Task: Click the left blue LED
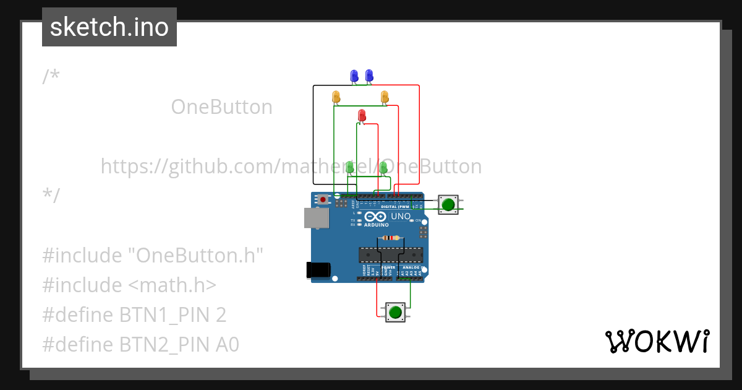coord(354,76)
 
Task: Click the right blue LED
coord(369,76)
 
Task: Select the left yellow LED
coord(336,97)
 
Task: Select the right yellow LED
coord(385,97)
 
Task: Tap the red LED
coord(362,115)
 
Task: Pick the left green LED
coord(349,167)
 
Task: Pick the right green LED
coord(383,167)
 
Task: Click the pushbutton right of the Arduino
coord(449,204)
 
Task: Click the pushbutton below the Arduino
coord(395,312)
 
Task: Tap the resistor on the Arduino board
coord(391,238)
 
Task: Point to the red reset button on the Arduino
coord(323,199)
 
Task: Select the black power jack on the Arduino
coord(318,270)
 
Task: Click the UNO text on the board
coord(401,216)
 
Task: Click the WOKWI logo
coord(657,341)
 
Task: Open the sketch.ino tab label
coord(109,27)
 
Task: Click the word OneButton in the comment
coord(221,107)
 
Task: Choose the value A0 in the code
coord(227,345)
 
